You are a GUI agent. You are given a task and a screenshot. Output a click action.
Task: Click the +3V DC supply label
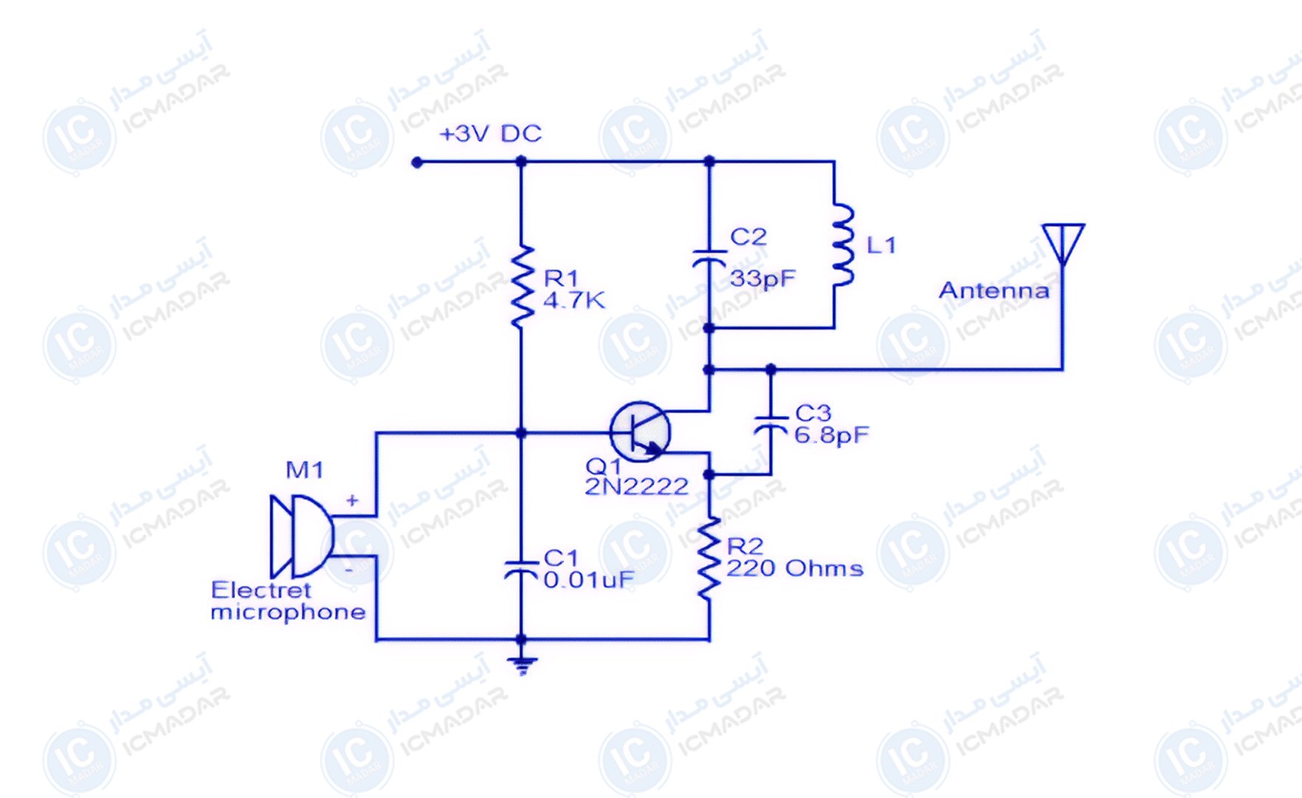click(x=491, y=134)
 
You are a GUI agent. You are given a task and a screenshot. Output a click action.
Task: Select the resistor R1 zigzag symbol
click(x=522, y=287)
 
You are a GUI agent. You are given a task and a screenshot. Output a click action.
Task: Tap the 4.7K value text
click(x=574, y=301)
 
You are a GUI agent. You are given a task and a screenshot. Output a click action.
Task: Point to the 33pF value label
click(x=763, y=279)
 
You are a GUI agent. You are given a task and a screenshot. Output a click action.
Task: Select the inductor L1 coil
click(x=843, y=245)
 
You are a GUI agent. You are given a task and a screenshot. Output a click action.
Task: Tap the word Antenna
click(x=994, y=290)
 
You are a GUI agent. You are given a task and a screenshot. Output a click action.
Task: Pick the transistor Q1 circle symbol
click(x=640, y=432)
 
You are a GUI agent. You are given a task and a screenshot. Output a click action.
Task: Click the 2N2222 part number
click(x=636, y=486)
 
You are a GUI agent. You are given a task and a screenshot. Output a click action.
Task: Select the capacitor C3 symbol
click(x=771, y=424)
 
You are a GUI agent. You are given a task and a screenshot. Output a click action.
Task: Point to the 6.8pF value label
click(x=831, y=435)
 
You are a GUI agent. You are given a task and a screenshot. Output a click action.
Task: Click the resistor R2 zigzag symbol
click(x=709, y=558)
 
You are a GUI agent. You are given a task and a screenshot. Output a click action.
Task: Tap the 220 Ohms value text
click(x=795, y=568)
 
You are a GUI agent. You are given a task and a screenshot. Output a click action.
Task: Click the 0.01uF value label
click(x=589, y=580)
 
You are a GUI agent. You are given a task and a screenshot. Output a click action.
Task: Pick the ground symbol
click(x=522, y=665)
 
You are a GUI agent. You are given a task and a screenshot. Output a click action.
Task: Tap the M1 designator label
click(x=304, y=470)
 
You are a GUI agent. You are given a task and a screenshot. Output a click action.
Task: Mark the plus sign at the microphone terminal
click(x=352, y=501)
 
